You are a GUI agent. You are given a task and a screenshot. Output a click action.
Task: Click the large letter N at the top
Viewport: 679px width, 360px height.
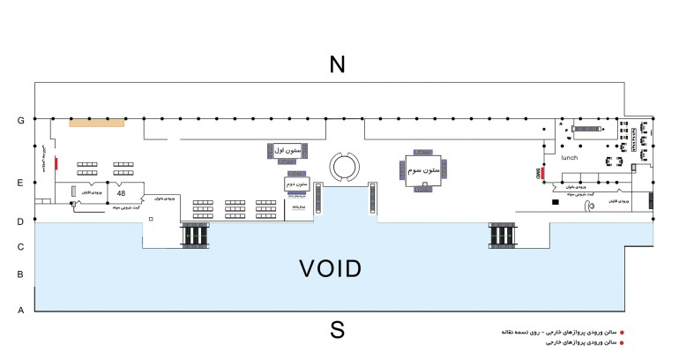tap(336, 64)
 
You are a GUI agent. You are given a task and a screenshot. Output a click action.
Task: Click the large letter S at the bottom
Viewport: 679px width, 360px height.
tap(336, 330)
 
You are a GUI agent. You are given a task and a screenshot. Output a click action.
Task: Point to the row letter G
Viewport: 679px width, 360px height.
tap(19, 120)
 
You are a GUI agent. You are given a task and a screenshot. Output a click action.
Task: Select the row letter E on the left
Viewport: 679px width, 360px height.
tap(19, 184)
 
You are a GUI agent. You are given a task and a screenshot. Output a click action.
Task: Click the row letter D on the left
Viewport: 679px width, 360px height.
tap(19, 222)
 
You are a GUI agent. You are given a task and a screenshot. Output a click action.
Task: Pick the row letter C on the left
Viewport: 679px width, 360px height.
tap(19, 247)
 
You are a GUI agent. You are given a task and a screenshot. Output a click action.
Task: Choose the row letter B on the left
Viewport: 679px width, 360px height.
tap(19, 275)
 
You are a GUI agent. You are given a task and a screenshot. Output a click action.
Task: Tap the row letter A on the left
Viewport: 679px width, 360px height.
tap(19, 311)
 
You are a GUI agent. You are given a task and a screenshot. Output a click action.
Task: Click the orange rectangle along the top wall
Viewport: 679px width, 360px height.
tap(97, 123)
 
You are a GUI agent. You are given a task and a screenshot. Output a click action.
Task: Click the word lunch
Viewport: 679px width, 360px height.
tap(569, 158)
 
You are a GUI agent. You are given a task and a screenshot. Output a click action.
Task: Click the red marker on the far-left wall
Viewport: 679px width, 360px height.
tap(56, 163)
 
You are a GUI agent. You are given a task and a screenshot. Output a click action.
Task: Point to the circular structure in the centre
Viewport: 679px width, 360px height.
tap(341, 165)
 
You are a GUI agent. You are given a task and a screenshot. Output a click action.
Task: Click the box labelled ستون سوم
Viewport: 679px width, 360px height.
tap(425, 168)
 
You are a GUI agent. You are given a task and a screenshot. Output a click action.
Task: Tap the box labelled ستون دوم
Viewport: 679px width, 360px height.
tap(296, 184)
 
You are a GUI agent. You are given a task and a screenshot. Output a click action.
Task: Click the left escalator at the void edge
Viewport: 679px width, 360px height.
tap(197, 236)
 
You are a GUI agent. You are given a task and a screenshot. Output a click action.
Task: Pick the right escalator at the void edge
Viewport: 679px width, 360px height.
tap(502, 235)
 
